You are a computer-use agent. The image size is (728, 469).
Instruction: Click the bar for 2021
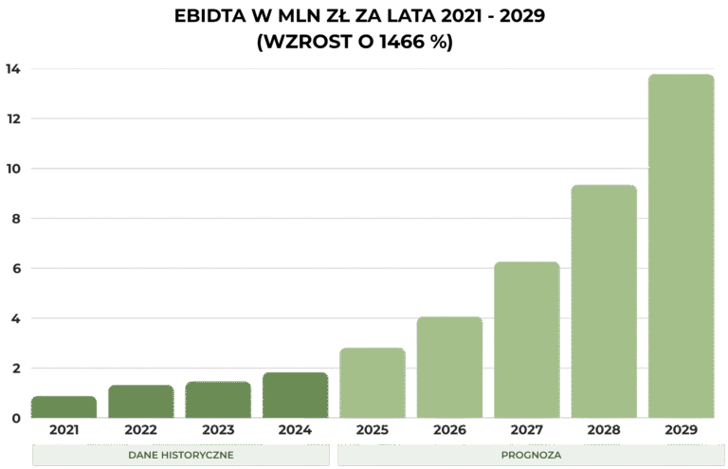(x=64, y=407)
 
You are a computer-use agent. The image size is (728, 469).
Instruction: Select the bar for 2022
(x=140, y=402)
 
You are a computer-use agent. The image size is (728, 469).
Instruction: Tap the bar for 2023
(x=218, y=400)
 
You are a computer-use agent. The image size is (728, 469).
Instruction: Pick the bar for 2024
(x=295, y=395)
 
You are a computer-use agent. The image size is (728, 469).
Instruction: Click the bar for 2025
(x=373, y=383)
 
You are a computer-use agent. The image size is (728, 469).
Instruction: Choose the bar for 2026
(x=449, y=368)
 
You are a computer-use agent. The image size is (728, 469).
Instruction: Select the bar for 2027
(x=527, y=339)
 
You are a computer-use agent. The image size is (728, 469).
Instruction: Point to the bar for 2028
(x=604, y=301)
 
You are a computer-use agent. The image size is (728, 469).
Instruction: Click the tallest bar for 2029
(x=681, y=246)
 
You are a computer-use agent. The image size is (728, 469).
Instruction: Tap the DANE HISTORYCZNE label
(x=181, y=456)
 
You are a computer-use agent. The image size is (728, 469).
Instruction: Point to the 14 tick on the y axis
(x=12, y=69)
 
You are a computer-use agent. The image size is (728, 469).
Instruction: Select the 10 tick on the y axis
(x=12, y=169)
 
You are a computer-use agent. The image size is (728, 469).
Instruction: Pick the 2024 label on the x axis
(x=295, y=430)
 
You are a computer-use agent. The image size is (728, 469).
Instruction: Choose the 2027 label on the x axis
(x=527, y=430)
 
